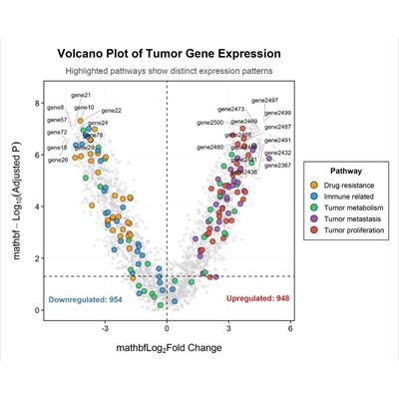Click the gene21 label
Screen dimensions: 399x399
[82, 96]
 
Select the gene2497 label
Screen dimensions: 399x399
[265, 101]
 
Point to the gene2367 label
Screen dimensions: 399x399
[278, 165]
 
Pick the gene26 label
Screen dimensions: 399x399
[58, 160]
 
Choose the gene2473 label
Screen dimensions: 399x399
[230, 109]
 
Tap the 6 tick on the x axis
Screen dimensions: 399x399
[290, 327]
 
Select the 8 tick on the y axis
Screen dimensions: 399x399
[37, 104]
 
